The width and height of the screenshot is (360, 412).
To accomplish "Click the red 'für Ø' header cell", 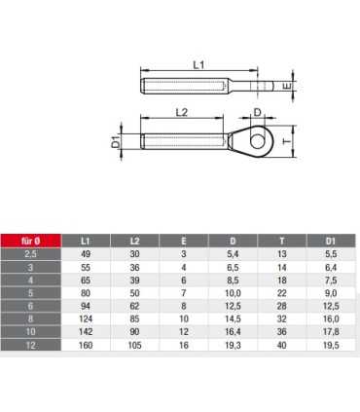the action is coord(30,241).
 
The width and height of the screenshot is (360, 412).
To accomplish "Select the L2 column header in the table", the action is coord(134,241).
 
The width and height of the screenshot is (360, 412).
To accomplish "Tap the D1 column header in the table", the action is coord(331,241).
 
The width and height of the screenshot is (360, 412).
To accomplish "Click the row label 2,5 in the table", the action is coord(30,254).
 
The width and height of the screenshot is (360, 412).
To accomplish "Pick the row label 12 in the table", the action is coord(30,345).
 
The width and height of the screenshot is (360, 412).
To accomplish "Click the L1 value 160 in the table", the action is coord(86,345).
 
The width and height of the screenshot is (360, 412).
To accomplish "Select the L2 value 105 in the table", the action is coord(134,345).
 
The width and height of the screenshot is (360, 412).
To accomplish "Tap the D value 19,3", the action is coord(233,345).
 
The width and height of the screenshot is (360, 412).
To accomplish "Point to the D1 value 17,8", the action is coord(331,332).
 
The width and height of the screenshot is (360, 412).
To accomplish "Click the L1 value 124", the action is coord(86,318).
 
